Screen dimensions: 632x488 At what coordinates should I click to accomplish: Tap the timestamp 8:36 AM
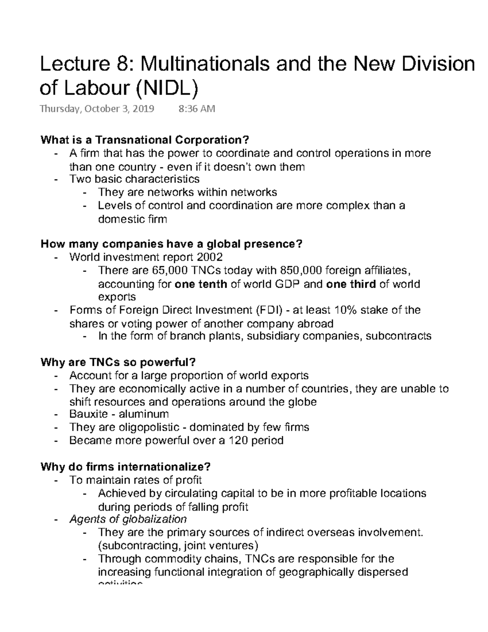pyautogui.click(x=197, y=109)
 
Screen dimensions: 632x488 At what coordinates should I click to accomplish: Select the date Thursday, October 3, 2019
pyautogui.click(x=97, y=109)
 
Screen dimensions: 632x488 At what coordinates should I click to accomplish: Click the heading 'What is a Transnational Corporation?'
pyautogui.click(x=144, y=140)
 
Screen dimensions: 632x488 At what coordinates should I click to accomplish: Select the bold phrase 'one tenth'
pyautogui.click(x=200, y=284)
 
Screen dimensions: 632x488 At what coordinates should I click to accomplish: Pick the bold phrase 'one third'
pyautogui.click(x=351, y=284)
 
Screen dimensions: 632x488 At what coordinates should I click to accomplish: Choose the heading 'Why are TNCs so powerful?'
pyautogui.click(x=118, y=362)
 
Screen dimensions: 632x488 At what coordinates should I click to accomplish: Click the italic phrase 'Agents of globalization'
pyautogui.click(x=128, y=519)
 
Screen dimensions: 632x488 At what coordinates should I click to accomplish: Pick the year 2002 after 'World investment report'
pyautogui.click(x=209, y=258)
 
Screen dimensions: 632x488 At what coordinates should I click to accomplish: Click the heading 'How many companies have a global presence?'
pyautogui.click(x=172, y=244)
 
